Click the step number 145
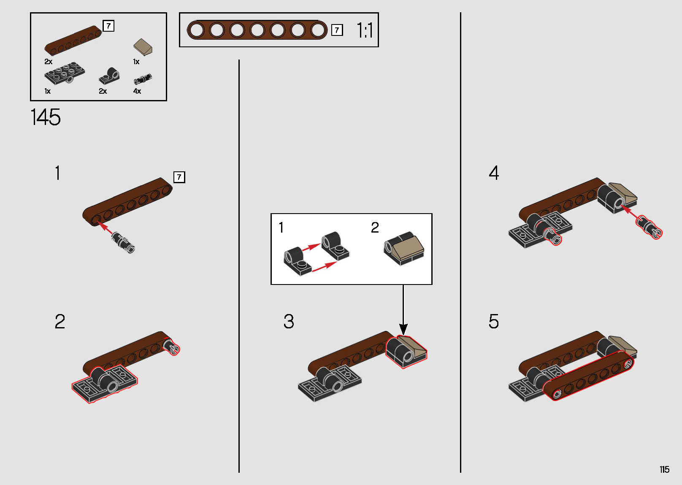(46, 117)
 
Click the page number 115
(664, 469)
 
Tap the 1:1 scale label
(365, 30)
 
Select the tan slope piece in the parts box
(143, 47)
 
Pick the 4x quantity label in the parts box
(137, 91)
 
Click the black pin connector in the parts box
(143, 79)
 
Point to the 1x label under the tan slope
(136, 62)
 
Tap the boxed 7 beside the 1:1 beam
(337, 30)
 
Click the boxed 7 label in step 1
(179, 177)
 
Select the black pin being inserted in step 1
(123, 242)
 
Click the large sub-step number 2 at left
(60, 322)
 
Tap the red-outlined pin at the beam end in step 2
(173, 347)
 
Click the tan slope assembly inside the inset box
(404, 249)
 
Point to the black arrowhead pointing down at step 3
(403, 329)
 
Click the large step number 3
(289, 322)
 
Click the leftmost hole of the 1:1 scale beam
(196, 30)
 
